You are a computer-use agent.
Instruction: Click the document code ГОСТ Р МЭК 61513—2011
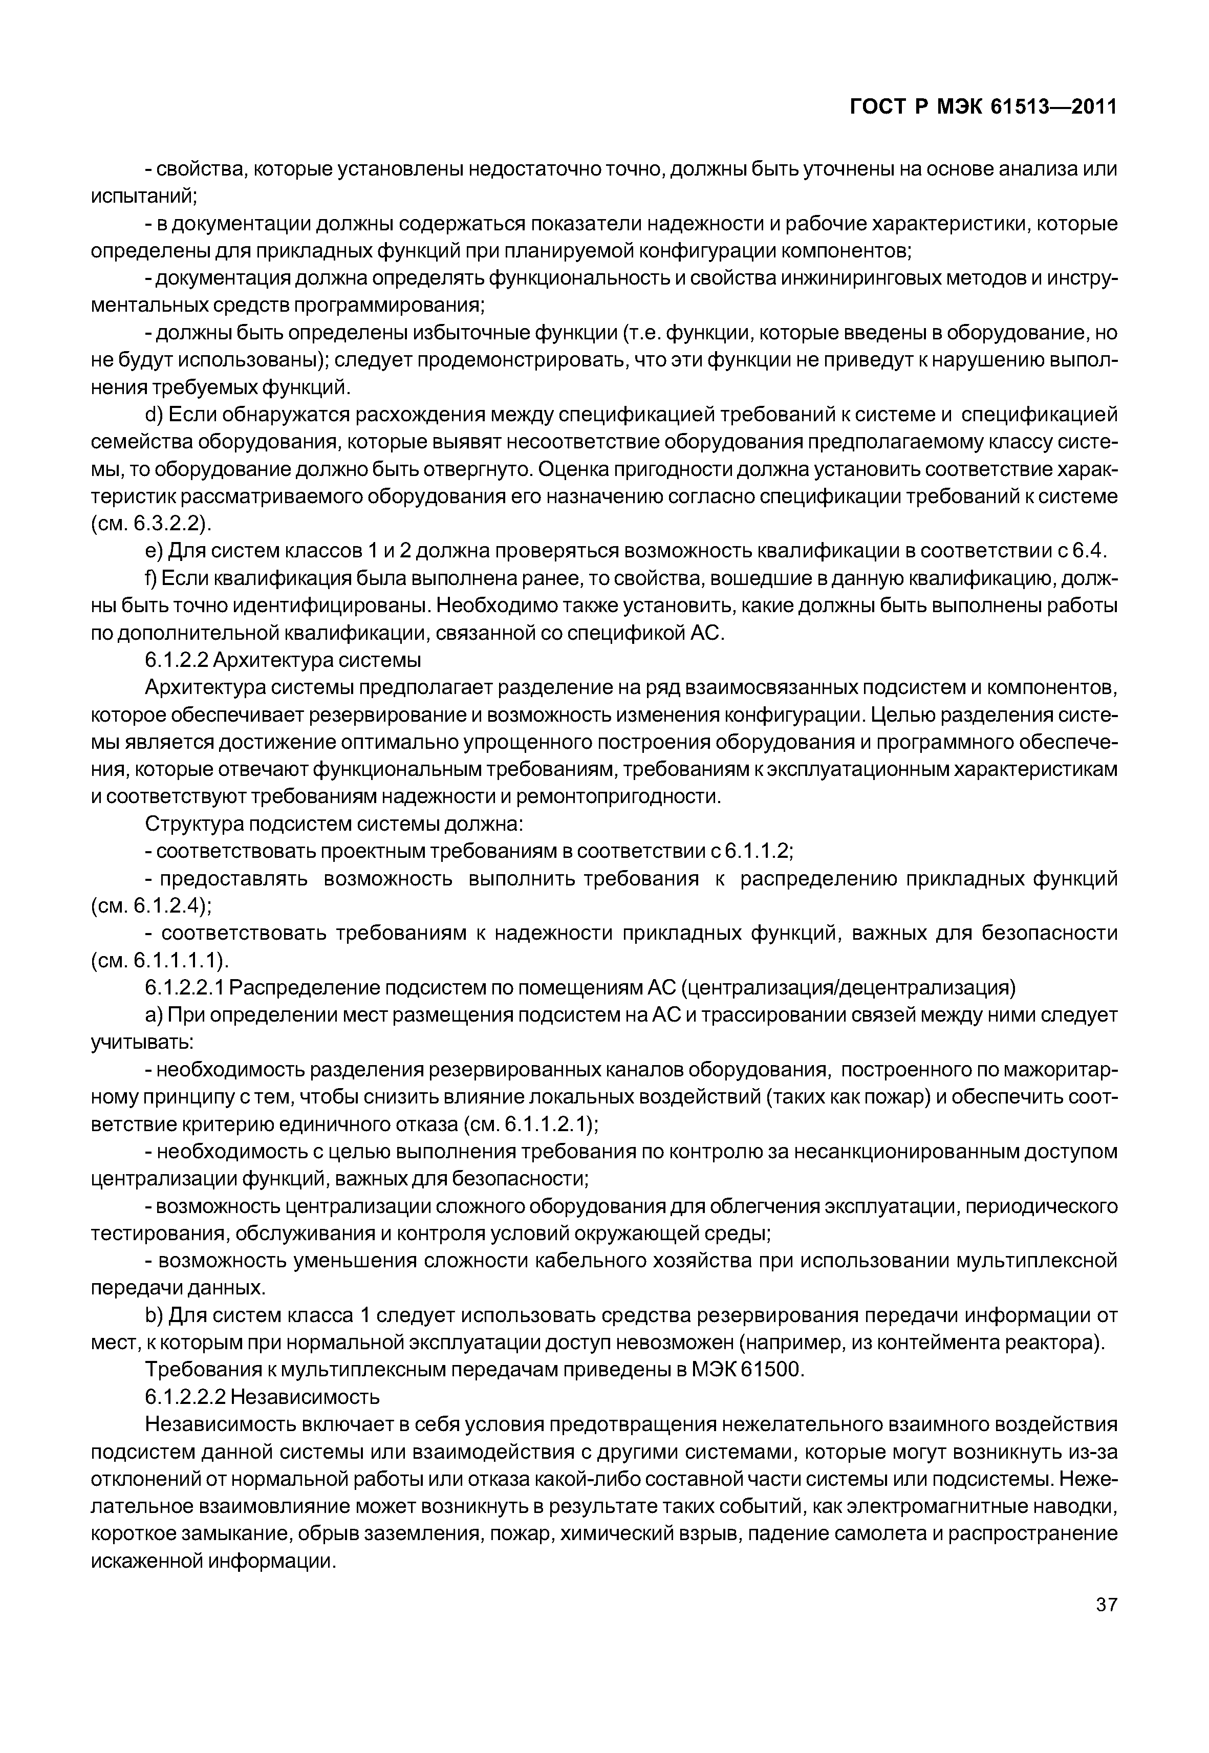tap(982, 107)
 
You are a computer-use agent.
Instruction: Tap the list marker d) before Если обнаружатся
tap(154, 415)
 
